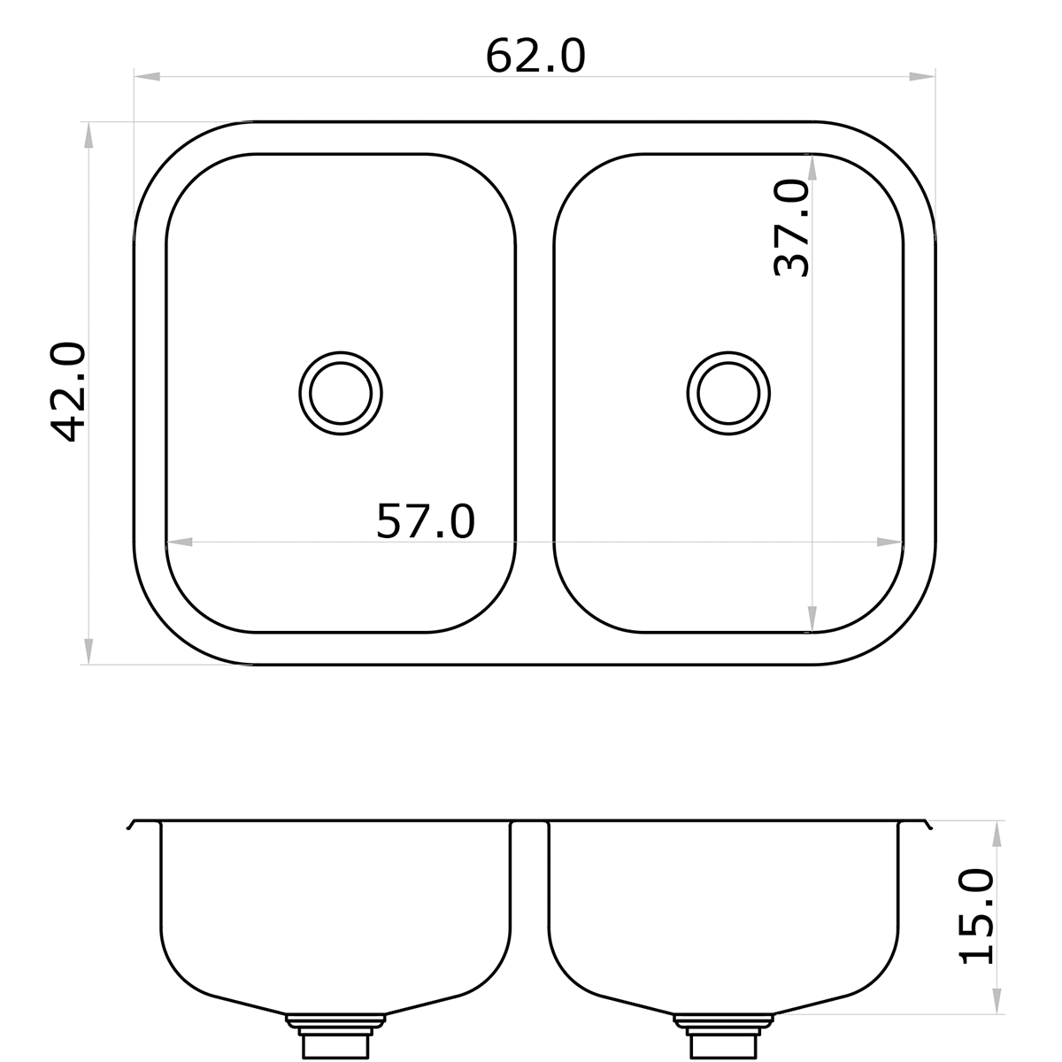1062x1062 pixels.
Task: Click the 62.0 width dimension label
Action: click(x=535, y=57)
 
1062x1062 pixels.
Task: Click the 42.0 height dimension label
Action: click(x=68, y=392)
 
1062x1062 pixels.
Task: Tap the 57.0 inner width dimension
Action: click(x=426, y=521)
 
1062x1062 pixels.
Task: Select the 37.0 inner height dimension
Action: click(x=792, y=228)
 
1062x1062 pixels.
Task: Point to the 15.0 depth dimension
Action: click(x=977, y=916)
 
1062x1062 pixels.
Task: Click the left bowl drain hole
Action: click(x=341, y=394)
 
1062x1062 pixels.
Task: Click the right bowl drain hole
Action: click(x=728, y=394)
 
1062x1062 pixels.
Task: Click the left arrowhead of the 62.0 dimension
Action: click(x=147, y=78)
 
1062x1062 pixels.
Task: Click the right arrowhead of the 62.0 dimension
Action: click(x=923, y=78)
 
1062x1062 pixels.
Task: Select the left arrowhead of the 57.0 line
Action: click(x=180, y=542)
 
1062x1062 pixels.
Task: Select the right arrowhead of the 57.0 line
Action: click(x=889, y=542)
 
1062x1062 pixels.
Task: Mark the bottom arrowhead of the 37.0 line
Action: click(x=812, y=619)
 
